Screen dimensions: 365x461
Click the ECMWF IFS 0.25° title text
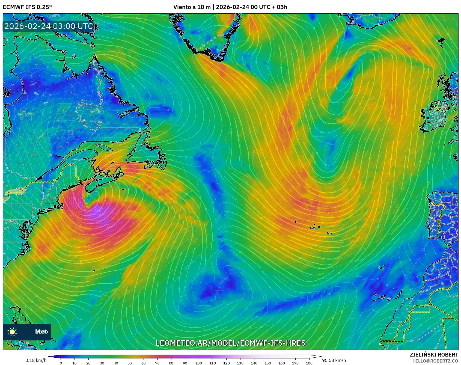coord(27,7)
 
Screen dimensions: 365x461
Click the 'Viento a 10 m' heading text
coord(192,7)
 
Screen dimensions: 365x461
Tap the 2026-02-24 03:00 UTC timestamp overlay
coord(49,26)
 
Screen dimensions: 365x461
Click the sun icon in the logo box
coord(12,332)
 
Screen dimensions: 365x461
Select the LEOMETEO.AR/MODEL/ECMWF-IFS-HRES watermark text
coord(230,343)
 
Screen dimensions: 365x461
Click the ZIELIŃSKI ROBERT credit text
coord(434,355)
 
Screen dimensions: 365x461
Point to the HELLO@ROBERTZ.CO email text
coord(435,361)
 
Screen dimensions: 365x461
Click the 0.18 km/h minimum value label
coord(36,360)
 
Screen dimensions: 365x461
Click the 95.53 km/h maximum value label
coord(334,360)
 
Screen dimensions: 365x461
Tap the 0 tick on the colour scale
coord(61,363)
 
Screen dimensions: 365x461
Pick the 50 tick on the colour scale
coord(130,363)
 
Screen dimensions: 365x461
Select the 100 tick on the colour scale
coord(199,363)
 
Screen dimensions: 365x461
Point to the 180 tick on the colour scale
coord(309,363)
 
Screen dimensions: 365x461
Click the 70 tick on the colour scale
coord(157,363)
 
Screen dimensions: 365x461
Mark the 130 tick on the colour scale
coord(240,363)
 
